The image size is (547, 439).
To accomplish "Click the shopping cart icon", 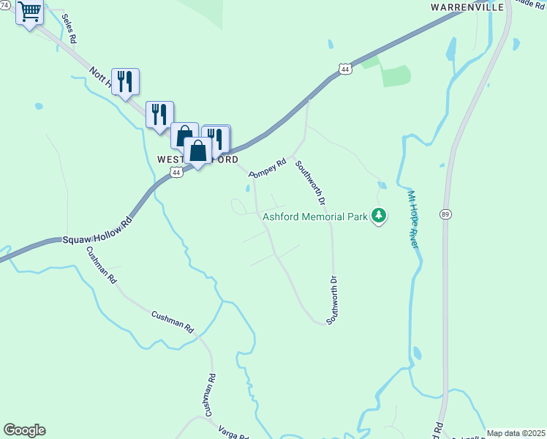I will pyautogui.click(x=29, y=12).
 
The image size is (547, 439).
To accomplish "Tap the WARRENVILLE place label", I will pyautogui.click(x=467, y=7).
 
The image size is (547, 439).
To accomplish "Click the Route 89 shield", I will pyautogui.click(x=445, y=214).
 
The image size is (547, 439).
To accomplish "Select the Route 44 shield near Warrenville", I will pyautogui.click(x=345, y=69).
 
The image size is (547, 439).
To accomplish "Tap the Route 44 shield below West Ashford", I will pyautogui.click(x=176, y=172).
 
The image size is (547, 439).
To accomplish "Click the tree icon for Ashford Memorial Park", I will pyautogui.click(x=379, y=215).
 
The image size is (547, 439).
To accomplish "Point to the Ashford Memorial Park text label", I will pyautogui.click(x=315, y=216).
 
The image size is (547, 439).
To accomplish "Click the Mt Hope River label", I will pyautogui.click(x=413, y=219).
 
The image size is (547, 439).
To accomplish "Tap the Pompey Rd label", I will pyautogui.click(x=267, y=169).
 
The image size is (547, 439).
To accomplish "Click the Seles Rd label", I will pyautogui.click(x=69, y=29).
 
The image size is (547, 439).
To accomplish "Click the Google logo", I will pyautogui.click(x=24, y=430).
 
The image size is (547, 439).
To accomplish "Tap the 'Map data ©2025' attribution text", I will pyautogui.click(x=516, y=433).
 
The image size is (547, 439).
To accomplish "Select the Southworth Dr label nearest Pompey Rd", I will pyautogui.click(x=310, y=182).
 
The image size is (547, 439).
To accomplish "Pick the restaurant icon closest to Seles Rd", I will pyautogui.click(x=126, y=81).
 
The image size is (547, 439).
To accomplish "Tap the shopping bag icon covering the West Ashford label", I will pyautogui.click(x=198, y=151).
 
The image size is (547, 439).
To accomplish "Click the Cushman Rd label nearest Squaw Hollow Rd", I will pyautogui.click(x=101, y=264).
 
